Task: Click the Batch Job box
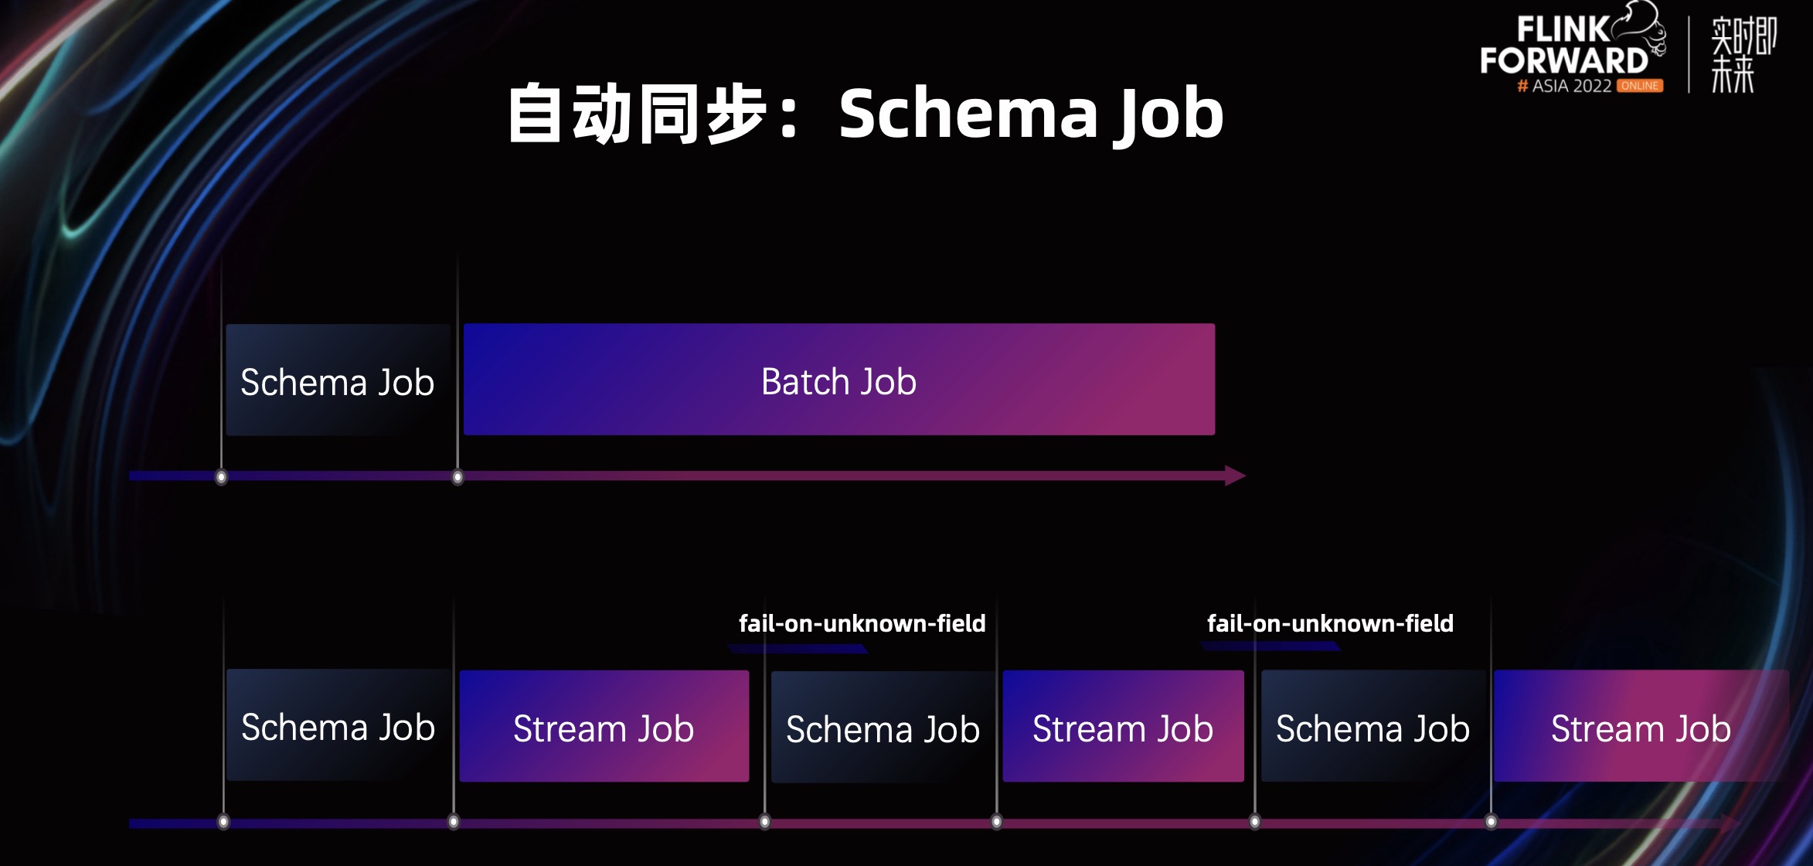pyautogui.click(x=839, y=380)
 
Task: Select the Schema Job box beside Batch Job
pyautogui.click(x=338, y=380)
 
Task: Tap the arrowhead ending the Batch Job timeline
pyautogui.click(x=1235, y=476)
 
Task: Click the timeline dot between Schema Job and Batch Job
pyautogui.click(x=458, y=477)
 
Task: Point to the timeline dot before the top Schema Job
pyautogui.click(x=221, y=477)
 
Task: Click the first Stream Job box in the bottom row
pyautogui.click(x=604, y=727)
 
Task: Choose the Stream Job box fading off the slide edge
pyautogui.click(x=1640, y=727)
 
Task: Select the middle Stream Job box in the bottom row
pyautogui.click(x=1123, y=727)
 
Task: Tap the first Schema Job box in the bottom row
pyautogui.click(x=338, y=726)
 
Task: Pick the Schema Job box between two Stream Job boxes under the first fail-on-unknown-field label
pyautogui.click(x=883, y=728)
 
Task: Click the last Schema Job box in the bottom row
pyautogui.click(x=1373, y=727)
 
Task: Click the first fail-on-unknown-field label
pyautogui.click(x=862, y=623)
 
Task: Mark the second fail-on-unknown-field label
pyautogui.click(x=1330, y=623)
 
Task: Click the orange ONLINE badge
pyautogui.click(x=1640, y=86)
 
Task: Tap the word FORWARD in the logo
pyautogui.click(x=1564, y=60)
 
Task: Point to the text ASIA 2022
pyautogui.click(x=1572, y=86)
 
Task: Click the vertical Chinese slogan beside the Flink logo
pyautogui.click(x=1743, y=54)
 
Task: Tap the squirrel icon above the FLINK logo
pyautogui.click(x=1642, y=23)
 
